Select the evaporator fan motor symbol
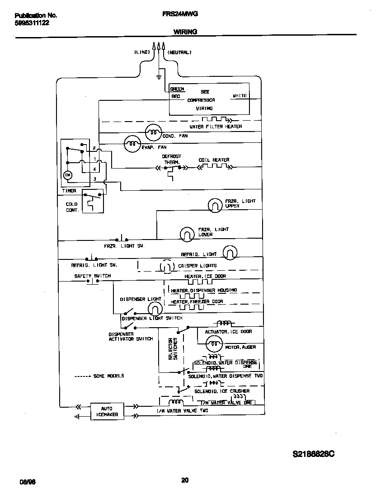point(132,144)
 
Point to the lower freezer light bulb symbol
point(187,234)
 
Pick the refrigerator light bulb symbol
point(230,253)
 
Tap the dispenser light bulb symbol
point(155,309)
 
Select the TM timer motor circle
point(68,175)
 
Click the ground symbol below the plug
point(159,77)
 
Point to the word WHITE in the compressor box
point(240,96)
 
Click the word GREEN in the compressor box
point(177,89)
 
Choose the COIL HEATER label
point(214,160)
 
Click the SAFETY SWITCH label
point(92,276)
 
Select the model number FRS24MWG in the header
point(179,14)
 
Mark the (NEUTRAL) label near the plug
point(179,52)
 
